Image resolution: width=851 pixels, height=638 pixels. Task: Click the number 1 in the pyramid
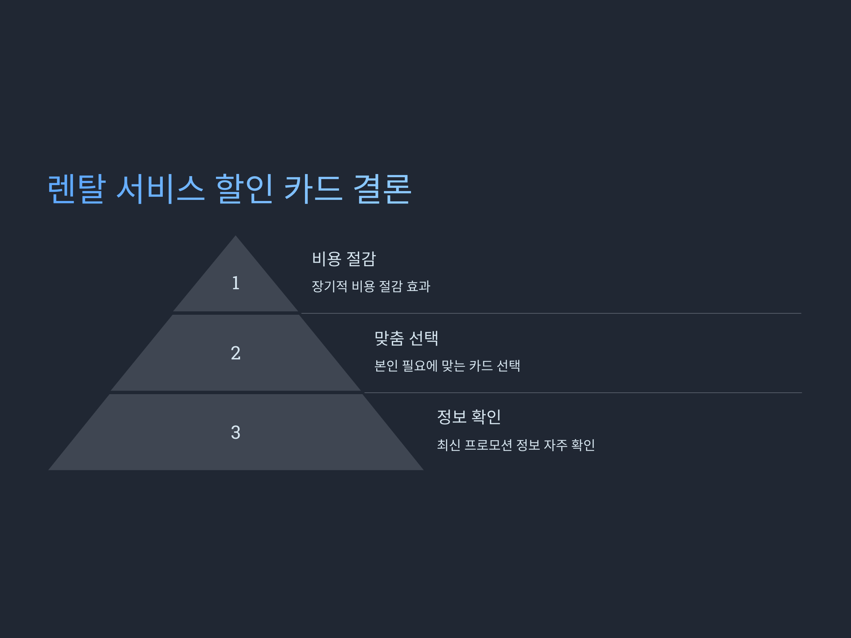click(x=235, y=283)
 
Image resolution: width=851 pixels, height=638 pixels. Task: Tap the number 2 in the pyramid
click(x=235, y=353)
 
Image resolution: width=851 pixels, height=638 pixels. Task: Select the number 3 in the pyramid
click(x=235, y=432)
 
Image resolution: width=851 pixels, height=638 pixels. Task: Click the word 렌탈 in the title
click(x=76, y=189)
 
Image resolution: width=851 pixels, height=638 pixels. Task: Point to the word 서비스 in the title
click(x=160, y=189)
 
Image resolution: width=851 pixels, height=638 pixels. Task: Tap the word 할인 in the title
click(x=244, y=189)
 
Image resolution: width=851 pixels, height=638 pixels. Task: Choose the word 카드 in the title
click(x=313, y=189)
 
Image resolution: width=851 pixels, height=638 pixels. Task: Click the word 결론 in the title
click(x=382, y=189)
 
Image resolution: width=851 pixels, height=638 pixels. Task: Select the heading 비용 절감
click(x=344, y=259)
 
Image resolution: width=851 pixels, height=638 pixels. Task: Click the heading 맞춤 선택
click(x=406, y=338)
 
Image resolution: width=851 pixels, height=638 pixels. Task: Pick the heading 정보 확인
click(x=469, y=417)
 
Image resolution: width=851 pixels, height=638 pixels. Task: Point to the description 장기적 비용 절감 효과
click(x=371, y=286)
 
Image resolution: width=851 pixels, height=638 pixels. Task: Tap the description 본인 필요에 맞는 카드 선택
click(x=447, y=366)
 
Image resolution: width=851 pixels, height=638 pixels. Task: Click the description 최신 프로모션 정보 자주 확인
click(x=516, y=445)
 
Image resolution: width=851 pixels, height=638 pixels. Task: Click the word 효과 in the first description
click(x=418, y=286)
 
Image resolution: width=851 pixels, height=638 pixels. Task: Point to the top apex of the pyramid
click(x=235, y=237)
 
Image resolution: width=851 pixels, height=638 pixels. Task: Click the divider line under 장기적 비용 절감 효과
click(x=551, y=313)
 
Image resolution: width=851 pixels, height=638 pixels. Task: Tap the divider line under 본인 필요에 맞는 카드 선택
click(x=583, y=393)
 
